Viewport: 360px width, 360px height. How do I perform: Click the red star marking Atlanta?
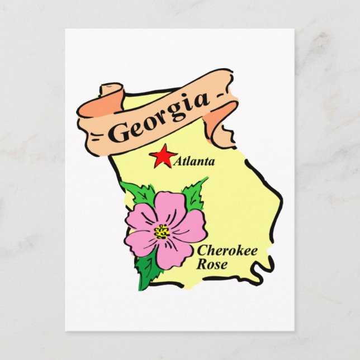[x=163, y=156]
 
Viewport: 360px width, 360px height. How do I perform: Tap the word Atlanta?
[x=195, y=162]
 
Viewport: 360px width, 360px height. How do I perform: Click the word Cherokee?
[x=227, y=251]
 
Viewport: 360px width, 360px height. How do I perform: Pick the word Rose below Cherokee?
[x=211, y=264]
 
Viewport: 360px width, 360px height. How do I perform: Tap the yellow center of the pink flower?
[x=162, y=231]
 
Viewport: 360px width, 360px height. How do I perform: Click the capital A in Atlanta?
[x=178, y=163]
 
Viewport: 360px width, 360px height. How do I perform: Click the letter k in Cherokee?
[x=238, y=250]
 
